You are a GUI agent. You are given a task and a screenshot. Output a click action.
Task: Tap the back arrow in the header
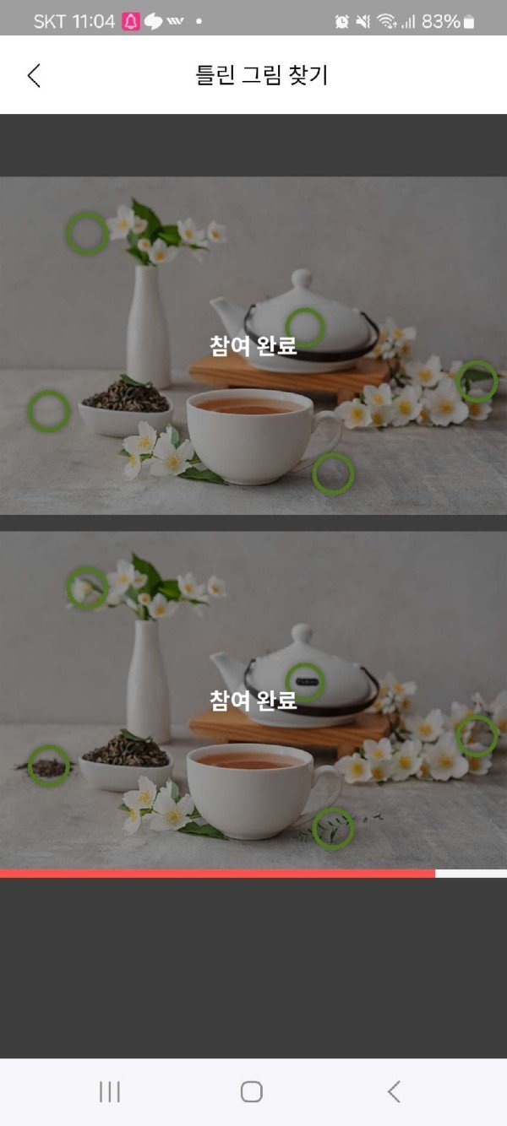tap(34, 76)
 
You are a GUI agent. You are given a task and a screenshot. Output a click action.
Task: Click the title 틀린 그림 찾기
tap(262, 75)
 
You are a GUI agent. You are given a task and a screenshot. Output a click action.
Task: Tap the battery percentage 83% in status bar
tap(440, 21)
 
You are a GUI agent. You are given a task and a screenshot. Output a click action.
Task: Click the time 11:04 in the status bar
tap(94, 21)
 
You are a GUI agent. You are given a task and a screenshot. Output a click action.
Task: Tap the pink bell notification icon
tap(130, 21)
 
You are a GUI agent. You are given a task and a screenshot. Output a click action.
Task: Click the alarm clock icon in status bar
tap(342, 21)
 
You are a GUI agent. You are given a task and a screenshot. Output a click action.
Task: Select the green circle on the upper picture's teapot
tap(305, 328)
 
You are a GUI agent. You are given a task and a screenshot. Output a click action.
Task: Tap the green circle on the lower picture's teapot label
tap(305, 682)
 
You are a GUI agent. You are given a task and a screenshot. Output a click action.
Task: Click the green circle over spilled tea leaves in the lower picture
tap(49, 766)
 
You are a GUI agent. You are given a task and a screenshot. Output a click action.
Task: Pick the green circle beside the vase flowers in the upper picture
tap(88, 233)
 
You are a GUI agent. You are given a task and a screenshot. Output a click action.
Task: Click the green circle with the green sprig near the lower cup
tap(333, 828)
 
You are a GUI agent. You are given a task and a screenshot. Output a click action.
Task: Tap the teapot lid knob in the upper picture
tap(302, 278)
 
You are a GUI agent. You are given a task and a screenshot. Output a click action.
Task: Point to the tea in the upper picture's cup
tap(249, 406)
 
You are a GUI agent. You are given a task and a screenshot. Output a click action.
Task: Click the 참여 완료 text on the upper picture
tap(253, 345)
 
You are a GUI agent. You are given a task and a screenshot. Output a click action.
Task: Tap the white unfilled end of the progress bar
tap(471, 874)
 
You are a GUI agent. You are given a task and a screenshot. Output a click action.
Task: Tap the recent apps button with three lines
tap(110, 1092)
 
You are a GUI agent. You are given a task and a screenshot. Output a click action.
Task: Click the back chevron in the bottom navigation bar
tap(394, 1092)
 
